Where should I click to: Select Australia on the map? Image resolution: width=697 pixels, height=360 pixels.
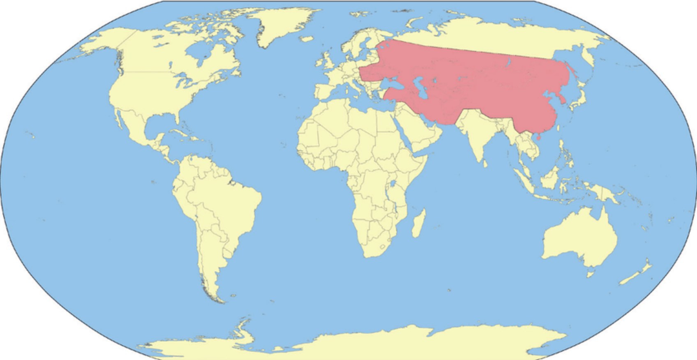click(579, 238)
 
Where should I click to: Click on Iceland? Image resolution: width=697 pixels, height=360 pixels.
click(306, 39)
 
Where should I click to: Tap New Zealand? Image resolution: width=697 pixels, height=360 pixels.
click(635, 275)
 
